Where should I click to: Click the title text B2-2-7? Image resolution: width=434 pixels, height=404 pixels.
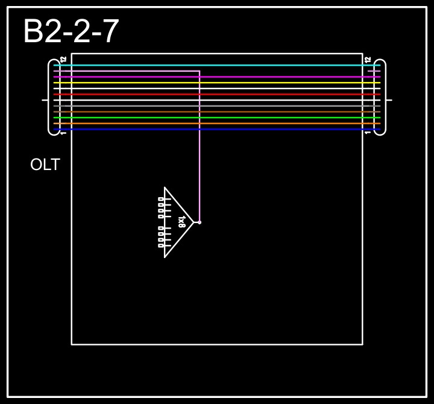[x=71, y=31]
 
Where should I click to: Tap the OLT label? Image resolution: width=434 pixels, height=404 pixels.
[x=45, y=165]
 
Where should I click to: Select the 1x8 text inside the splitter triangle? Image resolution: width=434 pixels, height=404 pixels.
[x=181, y=222]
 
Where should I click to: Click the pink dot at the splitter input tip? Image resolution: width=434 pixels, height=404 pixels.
[x=200, y=222]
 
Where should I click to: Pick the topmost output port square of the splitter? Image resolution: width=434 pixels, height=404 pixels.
[x=160, y=198]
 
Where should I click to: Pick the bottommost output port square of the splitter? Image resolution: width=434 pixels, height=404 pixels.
[x=160, y=245]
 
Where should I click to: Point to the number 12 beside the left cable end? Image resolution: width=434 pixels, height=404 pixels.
[x=63, y=59]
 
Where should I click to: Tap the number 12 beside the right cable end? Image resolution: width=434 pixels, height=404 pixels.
[x=368, y=59]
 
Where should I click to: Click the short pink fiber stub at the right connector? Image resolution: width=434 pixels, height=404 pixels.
[x=374, y=71]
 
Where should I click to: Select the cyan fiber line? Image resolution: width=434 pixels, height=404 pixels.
[x=217, y=65]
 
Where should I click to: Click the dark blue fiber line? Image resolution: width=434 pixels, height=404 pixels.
[x=217, y=129]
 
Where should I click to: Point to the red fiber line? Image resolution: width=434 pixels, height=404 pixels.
[x=217, y=94]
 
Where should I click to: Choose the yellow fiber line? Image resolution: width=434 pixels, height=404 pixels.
[x=217, y=83]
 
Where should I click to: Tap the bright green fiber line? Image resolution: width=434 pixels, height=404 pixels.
[x=217, y=118]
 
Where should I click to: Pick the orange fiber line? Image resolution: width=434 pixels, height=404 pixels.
[x=217, y=123]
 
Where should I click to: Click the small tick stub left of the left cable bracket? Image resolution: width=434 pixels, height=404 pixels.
[x=45, y=99]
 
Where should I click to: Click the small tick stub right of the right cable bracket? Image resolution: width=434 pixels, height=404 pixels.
[x=389, y=99]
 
